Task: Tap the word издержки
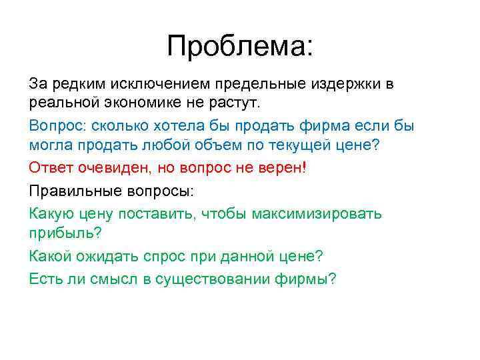pyautogui.click(x=346, y=84)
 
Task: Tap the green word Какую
pyautogui.click(x=49, y=213)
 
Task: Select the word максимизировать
pyautogui.click(x=319, y=213)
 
